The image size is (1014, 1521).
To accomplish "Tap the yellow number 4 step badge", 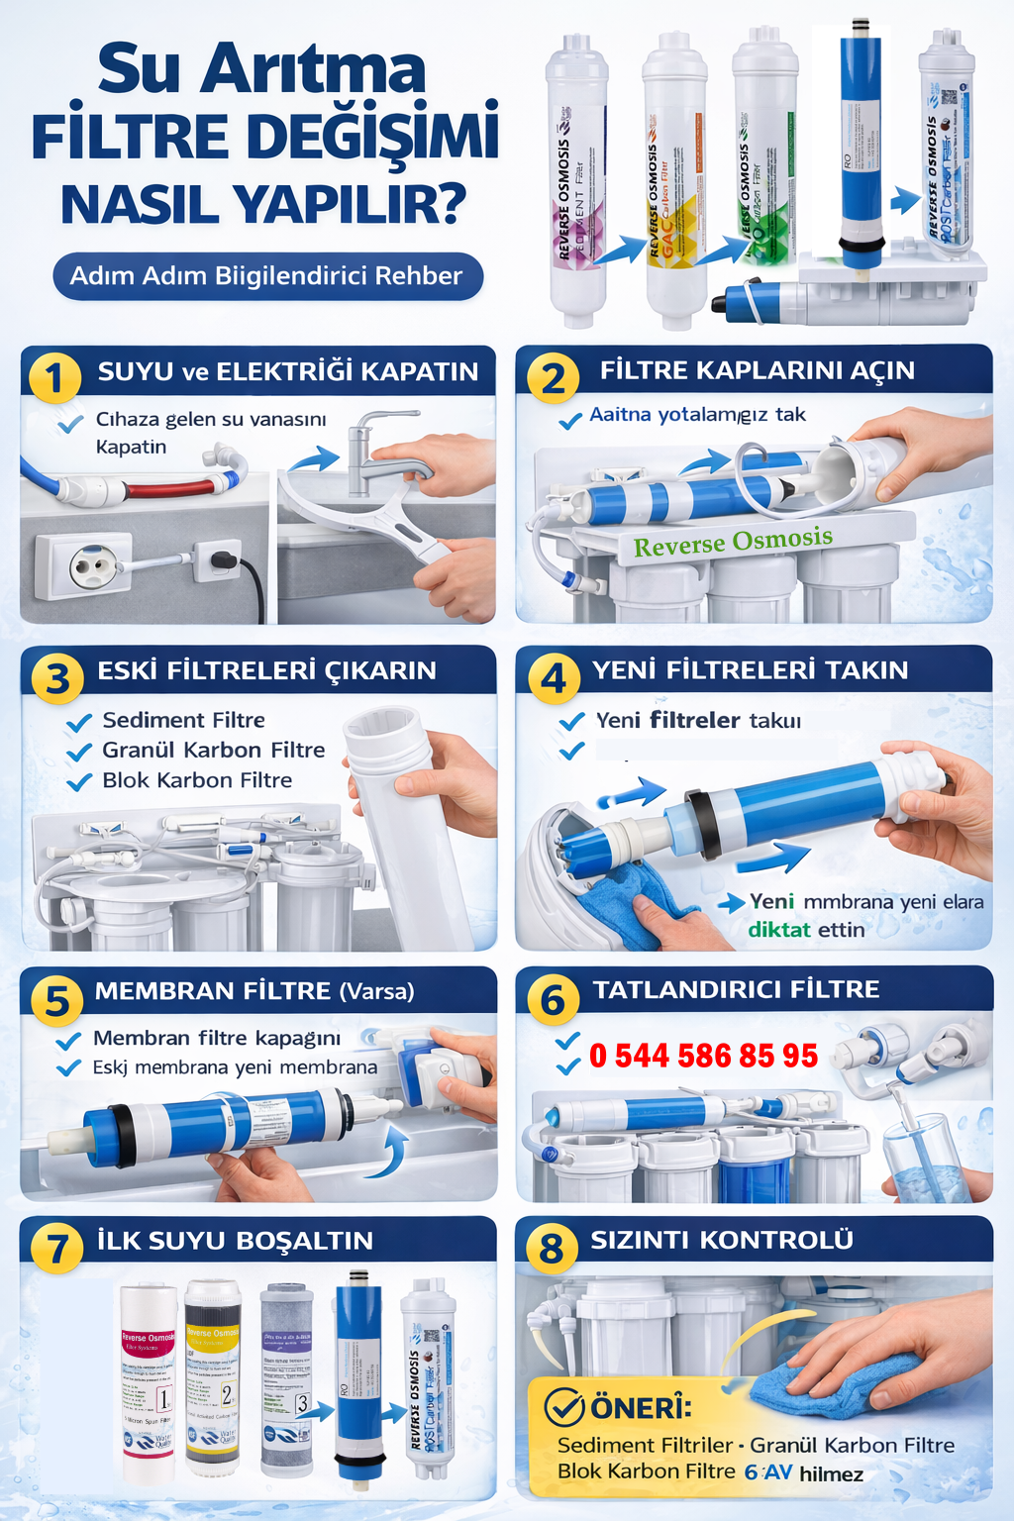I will pyautogui.click(x=553, y=677).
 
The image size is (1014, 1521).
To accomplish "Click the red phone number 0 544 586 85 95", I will pyautogui.click(x=703, y=1056).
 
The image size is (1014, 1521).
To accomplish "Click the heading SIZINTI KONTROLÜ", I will pyautogui.click(x=722, y=1240).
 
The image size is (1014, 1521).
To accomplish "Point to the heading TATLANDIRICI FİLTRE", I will pyautogui.click(x=736, y=989).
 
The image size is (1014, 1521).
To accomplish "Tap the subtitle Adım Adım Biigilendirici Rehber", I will pyautogui.click(x=266, y=276).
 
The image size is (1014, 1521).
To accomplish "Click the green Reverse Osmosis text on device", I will pyautogui.click(x=733, y=542).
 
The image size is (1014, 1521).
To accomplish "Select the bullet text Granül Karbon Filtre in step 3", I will pyautogui.click(x=213, y=750).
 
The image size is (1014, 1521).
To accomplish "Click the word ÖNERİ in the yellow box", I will pyautogui.click(x=641, y=1406).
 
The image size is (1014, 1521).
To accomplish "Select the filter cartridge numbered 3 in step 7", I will pyautogui.click(x=286, y=1376).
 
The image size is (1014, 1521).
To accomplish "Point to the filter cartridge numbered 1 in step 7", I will pyautogui.click(x=149, y=1381).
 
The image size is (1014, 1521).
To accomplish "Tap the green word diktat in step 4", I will pyautogui.click(x=778, y=930).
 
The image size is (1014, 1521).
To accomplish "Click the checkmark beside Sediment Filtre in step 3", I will pyautogui.click(x=79, y=723).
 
